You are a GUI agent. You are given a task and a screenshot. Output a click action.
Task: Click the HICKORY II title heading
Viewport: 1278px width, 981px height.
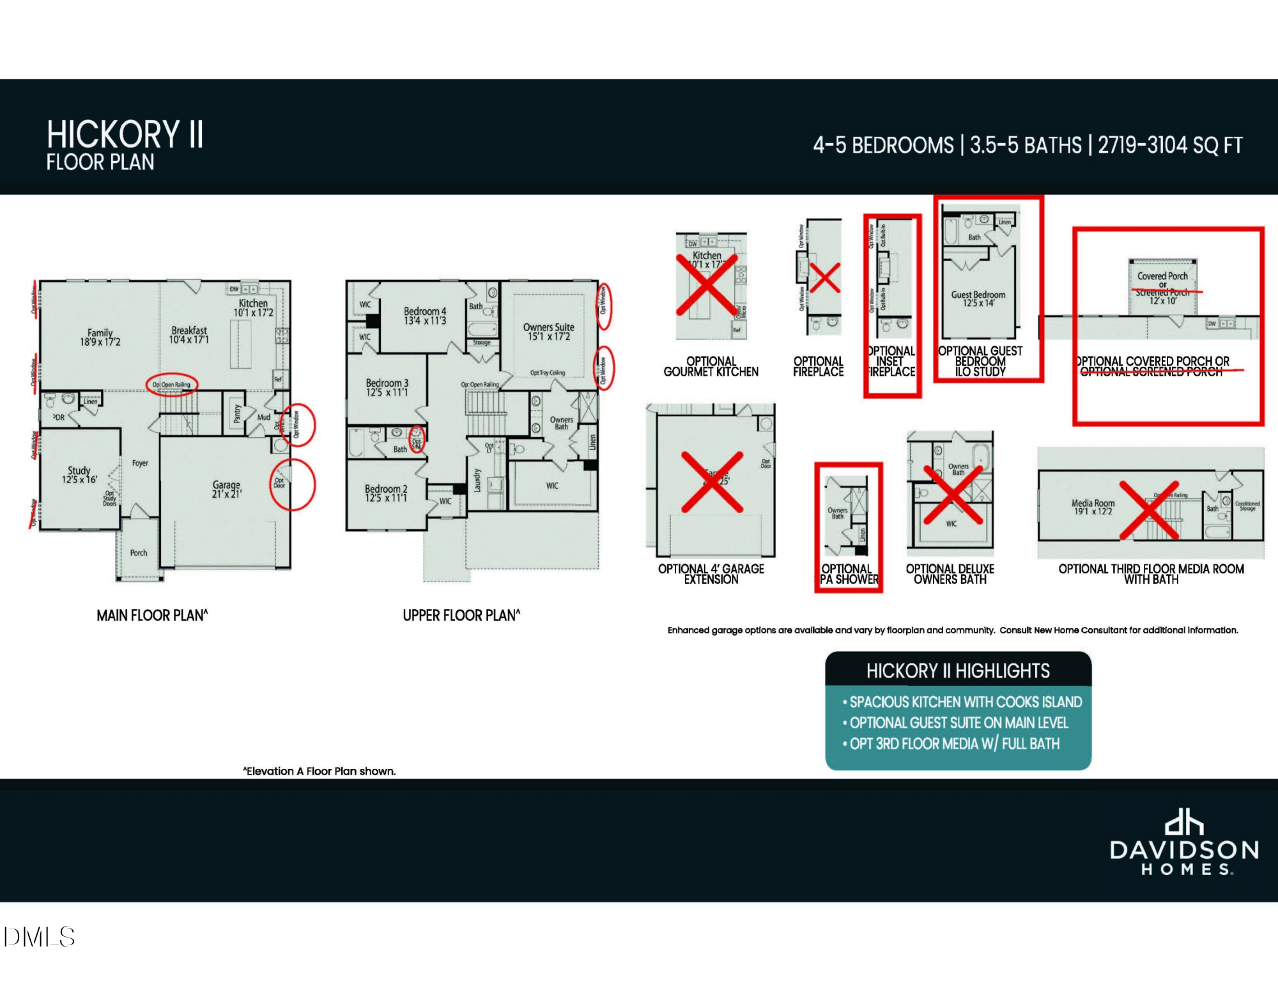point(125,135)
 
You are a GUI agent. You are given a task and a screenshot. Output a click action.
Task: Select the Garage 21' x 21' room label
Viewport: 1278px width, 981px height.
point(226,490)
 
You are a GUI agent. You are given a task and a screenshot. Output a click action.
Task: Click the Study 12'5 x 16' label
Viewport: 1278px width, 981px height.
point(79,475)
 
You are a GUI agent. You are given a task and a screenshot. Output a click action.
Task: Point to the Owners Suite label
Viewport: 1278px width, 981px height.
point(548,332)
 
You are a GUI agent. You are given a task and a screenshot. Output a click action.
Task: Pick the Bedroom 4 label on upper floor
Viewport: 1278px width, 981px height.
point(425,316)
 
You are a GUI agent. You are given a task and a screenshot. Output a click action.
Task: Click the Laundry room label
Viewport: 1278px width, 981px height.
point(477,481)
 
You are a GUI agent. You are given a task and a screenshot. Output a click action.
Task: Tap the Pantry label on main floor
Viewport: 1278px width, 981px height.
point(237,413)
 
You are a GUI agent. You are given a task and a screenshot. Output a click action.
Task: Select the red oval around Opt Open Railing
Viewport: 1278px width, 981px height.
point(172,385)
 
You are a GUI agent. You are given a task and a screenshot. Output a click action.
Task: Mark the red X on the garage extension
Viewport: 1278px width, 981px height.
point(712,482)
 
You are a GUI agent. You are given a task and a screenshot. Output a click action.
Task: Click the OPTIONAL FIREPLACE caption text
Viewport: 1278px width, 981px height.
point(818,366)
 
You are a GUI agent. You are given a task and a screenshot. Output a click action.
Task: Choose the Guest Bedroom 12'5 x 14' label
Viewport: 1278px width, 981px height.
point(978,298)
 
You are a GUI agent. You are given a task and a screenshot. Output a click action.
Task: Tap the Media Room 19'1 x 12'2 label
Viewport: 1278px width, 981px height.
point(1093,507)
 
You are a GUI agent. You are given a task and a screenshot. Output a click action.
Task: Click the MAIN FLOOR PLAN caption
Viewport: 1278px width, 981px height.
point(152,615)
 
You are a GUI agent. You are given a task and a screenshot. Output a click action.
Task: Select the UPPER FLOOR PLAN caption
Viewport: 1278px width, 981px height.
point(461,615)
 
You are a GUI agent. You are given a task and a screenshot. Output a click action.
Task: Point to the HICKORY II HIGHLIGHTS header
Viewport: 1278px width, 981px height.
point(958,671)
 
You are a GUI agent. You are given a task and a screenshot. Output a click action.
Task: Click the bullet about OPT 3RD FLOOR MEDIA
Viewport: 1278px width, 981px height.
point(954,744)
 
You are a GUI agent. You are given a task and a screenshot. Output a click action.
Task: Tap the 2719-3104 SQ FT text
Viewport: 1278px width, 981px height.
point(1170,146)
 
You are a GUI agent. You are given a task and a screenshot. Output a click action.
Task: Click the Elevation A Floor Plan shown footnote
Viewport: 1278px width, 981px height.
point(319,771)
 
